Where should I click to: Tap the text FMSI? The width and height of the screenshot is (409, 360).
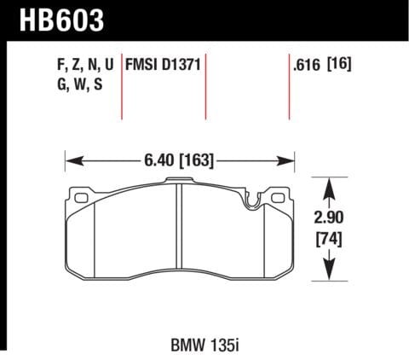tap(141, 63)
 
